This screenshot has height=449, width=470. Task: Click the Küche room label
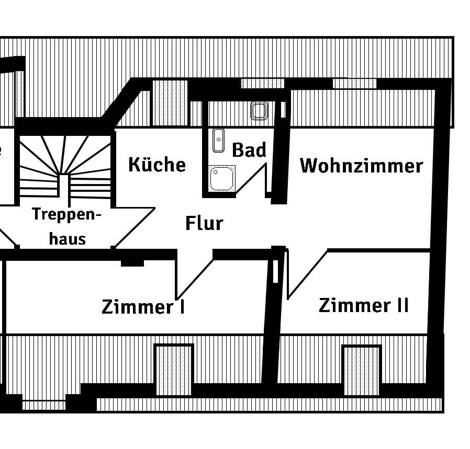coord(156,165)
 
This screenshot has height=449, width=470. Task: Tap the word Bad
coord(249,150)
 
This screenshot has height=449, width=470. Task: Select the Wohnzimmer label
coord(361,166)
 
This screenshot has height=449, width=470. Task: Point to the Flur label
coord(204,223)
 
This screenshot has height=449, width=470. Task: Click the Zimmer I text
coord(143,306)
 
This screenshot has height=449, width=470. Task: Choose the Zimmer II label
coord(363,305)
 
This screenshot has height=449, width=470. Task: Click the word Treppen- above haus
coord(66,214)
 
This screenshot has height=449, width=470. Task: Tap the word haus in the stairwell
coord(67,239)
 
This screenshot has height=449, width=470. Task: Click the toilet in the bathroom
coord(260,111)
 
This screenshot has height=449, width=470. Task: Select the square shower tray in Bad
coord(222,178)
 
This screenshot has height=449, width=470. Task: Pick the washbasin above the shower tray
coord(218,141)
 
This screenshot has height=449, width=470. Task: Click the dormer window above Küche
coord(169,103)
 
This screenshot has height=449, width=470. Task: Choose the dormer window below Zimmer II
coord(361,369)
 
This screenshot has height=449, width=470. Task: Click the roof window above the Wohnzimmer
coord(354,83)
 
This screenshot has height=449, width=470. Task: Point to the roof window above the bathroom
coord(262,83)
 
